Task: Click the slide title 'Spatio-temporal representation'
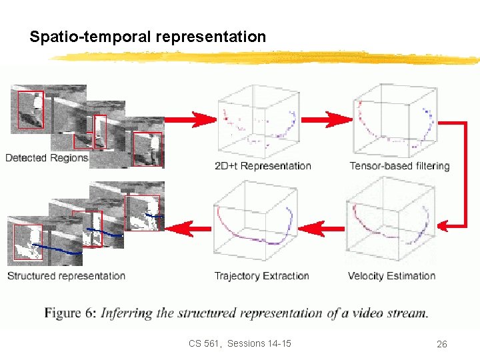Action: [147, 37]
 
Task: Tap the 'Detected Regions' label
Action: [47, 158]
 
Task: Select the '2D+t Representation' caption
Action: [263, 166]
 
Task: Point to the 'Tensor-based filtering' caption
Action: [399, 166]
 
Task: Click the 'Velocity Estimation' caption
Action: [391, 276]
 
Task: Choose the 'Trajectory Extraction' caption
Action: [262, 276]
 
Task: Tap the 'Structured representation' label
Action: [66, 276]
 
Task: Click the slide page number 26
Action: [441, 344]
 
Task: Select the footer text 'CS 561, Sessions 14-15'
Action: [239, 343]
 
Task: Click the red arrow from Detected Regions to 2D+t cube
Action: [190, 119]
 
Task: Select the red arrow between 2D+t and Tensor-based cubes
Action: [329, 120]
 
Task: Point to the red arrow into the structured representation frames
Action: [187, 229]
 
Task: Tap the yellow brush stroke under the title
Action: [267, 57]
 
